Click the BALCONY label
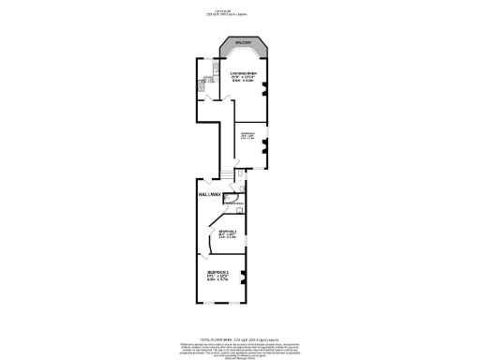click(x=243, y=43)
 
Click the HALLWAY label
click(x=210, y=194)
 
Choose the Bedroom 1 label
click(x=219, y=272)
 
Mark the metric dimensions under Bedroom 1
click(x=219, y=280)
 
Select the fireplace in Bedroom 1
click(x=243, y=275)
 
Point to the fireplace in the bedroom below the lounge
click(x=265, y=144)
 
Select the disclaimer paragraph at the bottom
click(x=240, y=329)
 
